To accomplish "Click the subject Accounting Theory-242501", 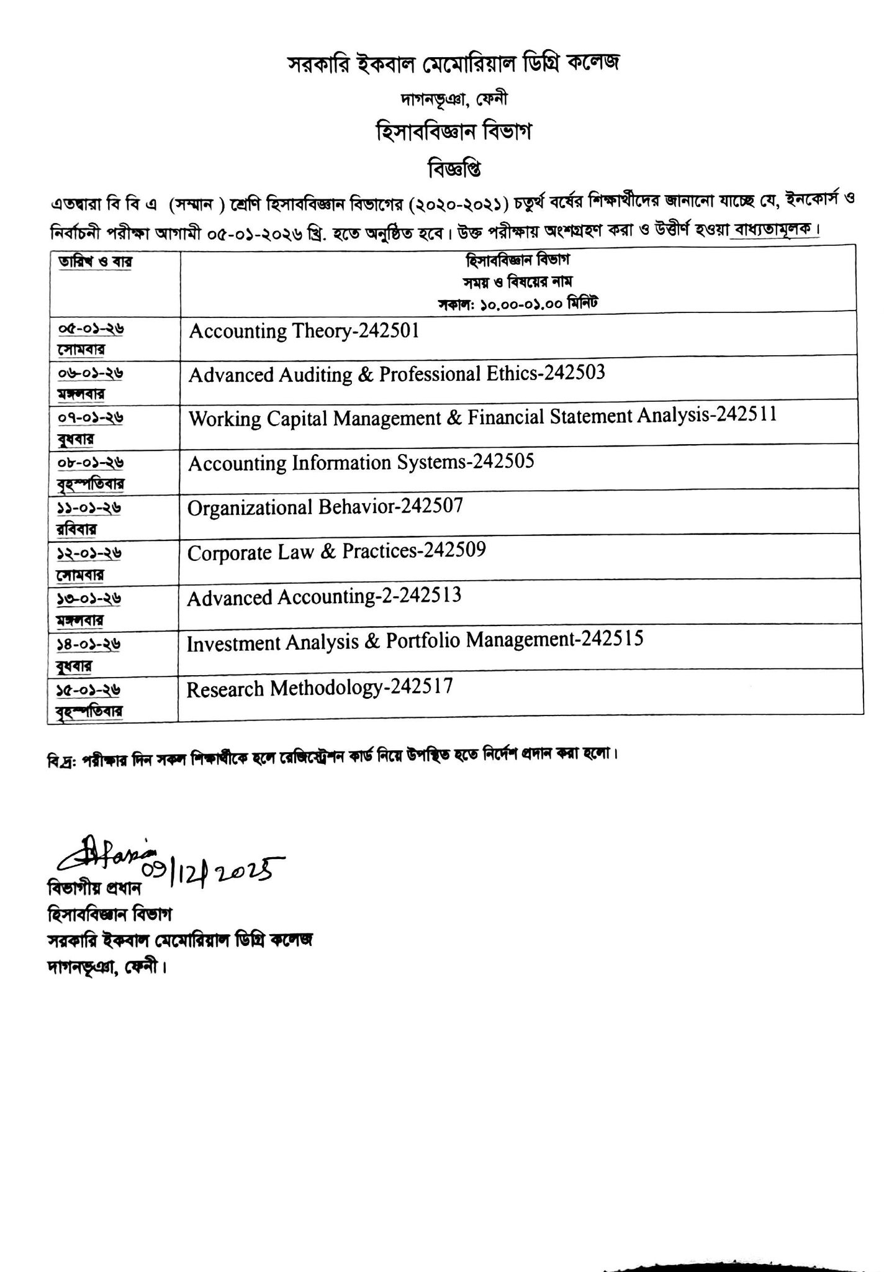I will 304,331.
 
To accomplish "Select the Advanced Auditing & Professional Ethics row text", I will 396,375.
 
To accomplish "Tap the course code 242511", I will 746,416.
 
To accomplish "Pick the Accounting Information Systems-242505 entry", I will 361,463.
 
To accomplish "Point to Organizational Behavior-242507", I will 325,507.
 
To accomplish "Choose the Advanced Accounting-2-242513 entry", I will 324,597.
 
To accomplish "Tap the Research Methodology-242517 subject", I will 320,688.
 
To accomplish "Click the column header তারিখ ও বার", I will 96,262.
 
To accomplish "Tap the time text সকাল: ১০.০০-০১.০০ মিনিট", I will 518,304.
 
